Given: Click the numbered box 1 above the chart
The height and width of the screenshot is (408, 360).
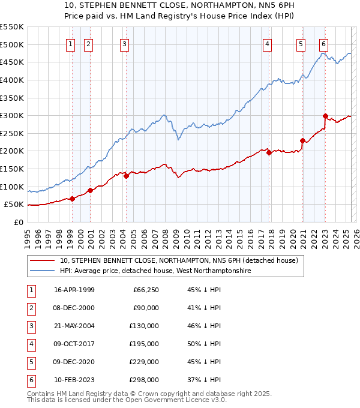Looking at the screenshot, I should click(x=71, y=43).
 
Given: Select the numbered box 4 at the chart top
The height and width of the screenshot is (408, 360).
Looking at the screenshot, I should click(x=266, y=43).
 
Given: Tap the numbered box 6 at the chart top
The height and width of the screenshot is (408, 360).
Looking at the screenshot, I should click(x=323, y=43).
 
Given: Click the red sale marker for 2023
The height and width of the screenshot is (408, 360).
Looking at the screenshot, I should click(x=325, y=116).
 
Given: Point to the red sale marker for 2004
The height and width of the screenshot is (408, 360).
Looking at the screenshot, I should click(x=127, y=176).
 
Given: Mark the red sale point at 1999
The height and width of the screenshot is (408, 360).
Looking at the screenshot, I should click(x=73, y=199).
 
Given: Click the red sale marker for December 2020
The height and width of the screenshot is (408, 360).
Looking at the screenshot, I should click(x=302, y=141).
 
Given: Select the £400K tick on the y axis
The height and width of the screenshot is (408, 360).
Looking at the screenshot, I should click(x=12, y=80).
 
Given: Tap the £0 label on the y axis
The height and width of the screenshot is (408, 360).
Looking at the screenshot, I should click(x=18, y=222).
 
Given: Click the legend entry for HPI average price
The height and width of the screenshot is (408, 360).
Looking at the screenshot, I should click(x=155, y=271).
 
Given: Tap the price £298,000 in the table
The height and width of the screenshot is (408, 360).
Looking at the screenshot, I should click(x=143, y=380).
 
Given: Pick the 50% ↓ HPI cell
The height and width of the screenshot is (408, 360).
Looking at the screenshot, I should click(x=205, y=344).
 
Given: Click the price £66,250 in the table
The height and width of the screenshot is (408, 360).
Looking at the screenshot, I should click(x=145, y=290).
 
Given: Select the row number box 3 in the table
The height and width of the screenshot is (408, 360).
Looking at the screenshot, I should click(x=31, y=326).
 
